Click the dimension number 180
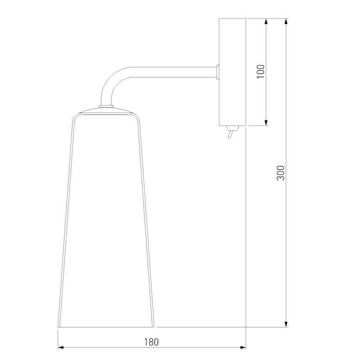coord(152,342)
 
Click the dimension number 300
coord(280,173)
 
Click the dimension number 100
coord(260,72)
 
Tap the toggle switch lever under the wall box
coord(230,134)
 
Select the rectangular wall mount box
coord(232,72)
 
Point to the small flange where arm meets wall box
coord(218,72)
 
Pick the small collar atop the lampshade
coord(106,106)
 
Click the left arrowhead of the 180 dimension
coord(60,347)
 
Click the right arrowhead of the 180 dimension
coord(243,347)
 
